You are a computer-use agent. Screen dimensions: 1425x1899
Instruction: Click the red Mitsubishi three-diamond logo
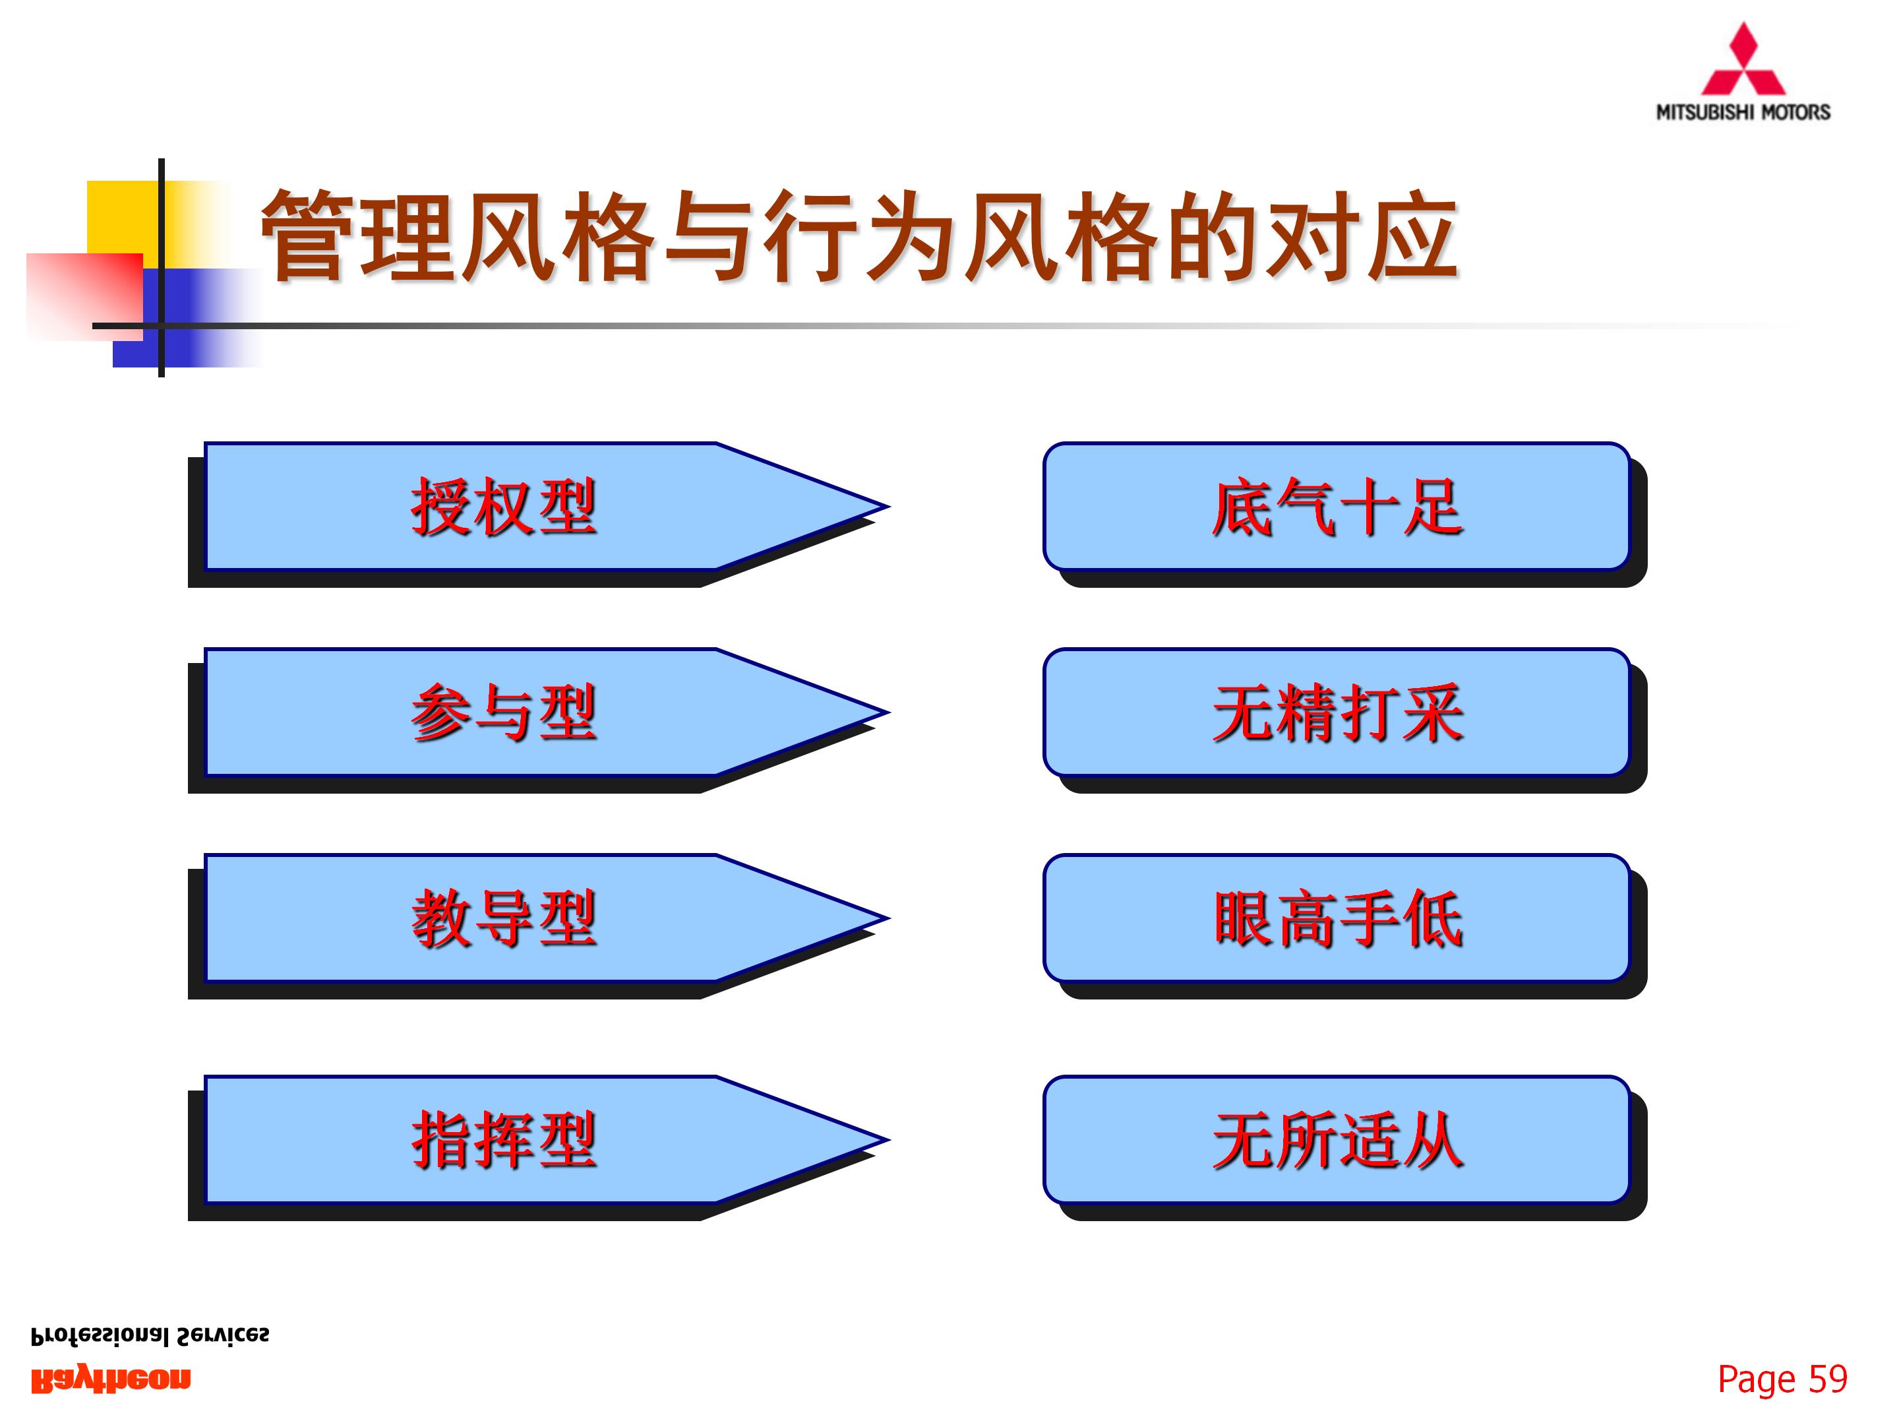[1743, 62]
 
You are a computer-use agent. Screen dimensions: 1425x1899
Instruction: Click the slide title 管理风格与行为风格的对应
[859, 236]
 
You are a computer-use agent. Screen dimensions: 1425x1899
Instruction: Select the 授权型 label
[503, 507]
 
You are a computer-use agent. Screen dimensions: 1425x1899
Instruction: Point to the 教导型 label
[503, 918]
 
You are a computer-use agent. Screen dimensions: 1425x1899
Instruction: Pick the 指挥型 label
[503, 1140]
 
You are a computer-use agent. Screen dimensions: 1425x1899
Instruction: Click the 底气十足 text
[1337, 507]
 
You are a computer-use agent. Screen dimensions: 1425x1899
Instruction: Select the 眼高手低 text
[1337, 918]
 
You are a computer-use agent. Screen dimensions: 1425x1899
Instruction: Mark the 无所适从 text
[1337, 1140]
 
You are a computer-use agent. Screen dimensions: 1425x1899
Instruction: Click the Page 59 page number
[1782, 1379]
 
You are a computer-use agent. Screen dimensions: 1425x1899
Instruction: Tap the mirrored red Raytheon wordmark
[111, 1379]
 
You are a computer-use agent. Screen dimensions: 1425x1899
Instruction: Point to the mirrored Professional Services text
[150, 1336]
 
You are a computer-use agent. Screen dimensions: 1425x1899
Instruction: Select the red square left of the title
[84, 296]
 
